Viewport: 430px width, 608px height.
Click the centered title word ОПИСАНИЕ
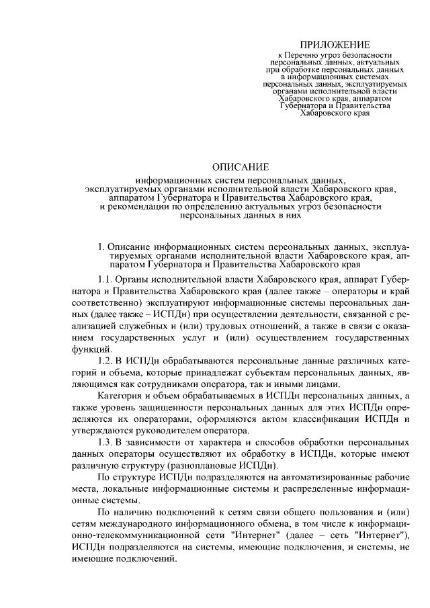pos(240,166)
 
